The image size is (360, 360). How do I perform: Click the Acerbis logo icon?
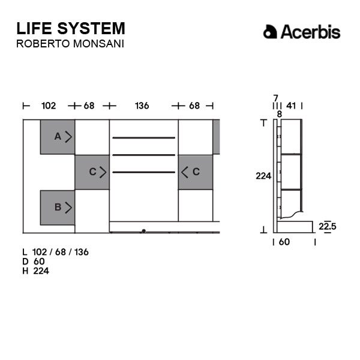point(270,32)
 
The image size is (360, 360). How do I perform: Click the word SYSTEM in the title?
point(91,28)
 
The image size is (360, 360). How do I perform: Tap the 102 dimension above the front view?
point(49,106)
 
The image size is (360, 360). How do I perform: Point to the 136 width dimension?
point(142,106)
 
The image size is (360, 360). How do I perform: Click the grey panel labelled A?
point(58,137)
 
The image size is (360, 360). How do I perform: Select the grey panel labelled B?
point(58,208)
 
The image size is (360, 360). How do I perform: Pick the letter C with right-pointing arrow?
point(93,172)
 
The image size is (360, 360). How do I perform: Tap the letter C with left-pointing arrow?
point(196,172)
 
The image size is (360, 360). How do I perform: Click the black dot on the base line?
point(144,231)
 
